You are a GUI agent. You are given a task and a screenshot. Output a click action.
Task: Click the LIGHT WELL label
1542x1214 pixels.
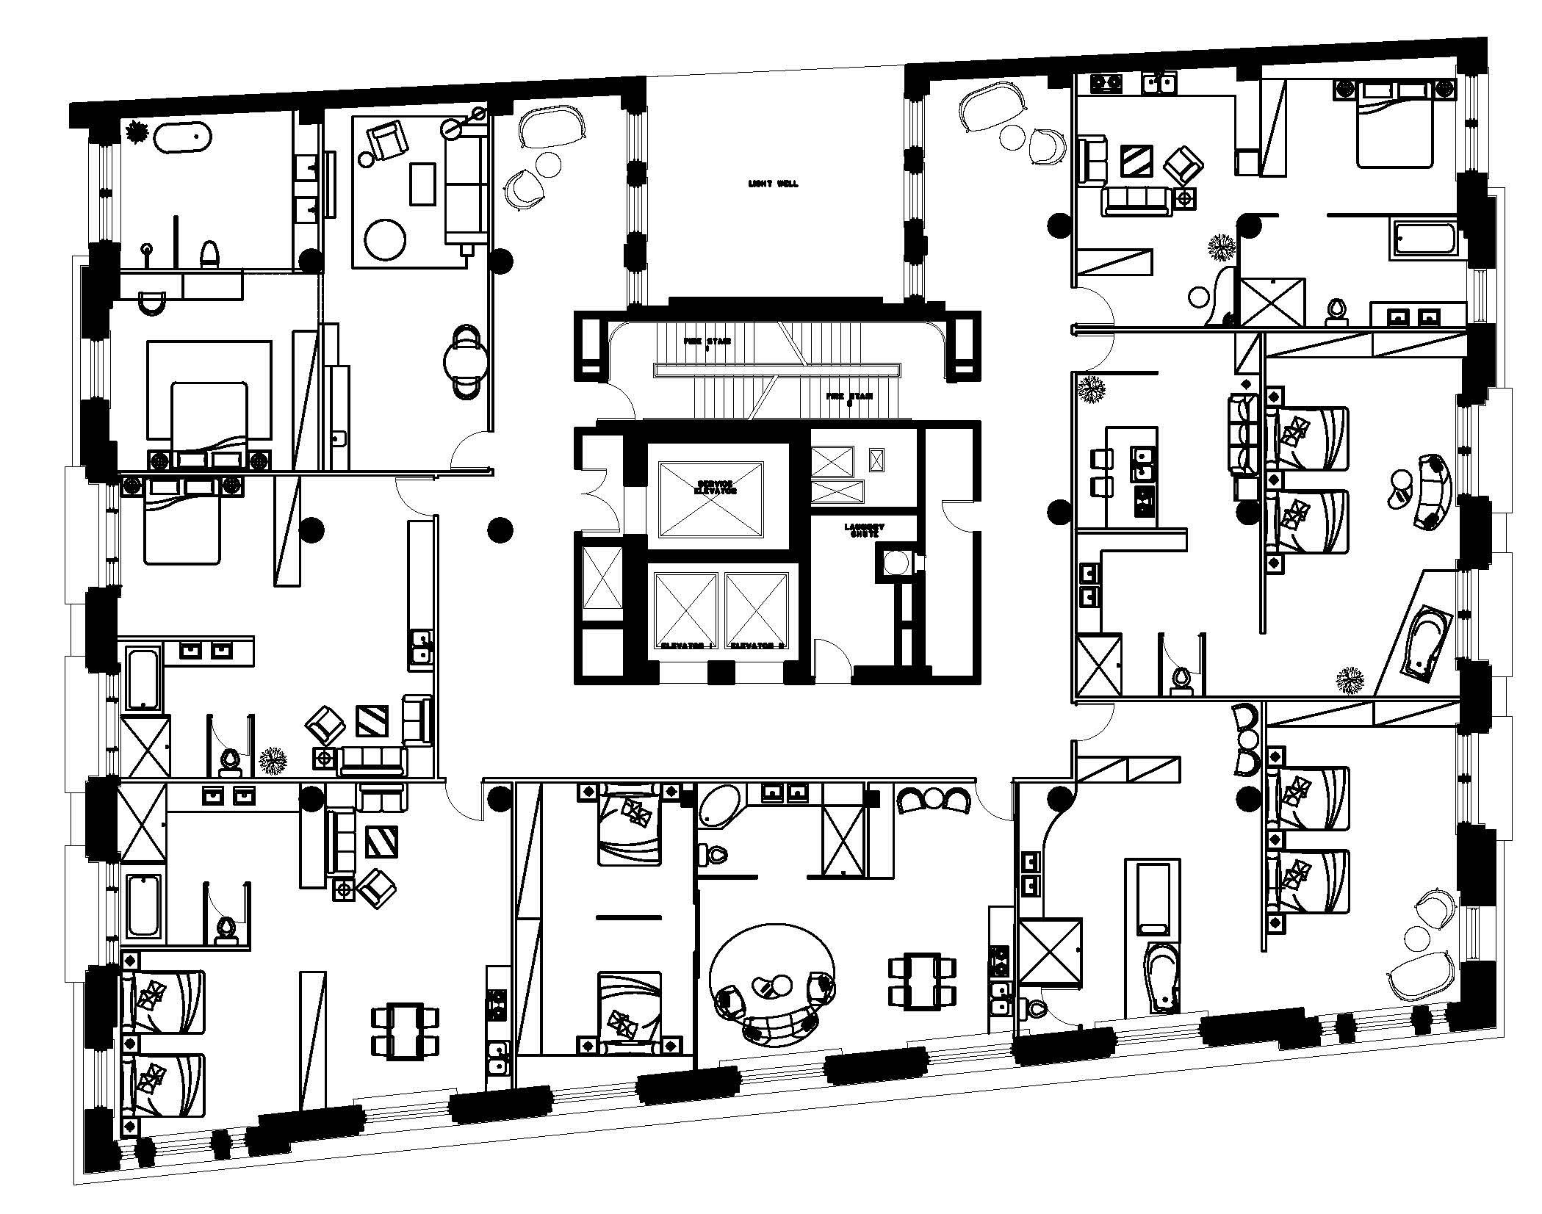coord(773,184)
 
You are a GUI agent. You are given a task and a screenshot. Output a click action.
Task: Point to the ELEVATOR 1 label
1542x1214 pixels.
coord(688,646)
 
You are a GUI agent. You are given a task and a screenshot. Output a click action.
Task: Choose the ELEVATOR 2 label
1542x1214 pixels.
coord(757,646)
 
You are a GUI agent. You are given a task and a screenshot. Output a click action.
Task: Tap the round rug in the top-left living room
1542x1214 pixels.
coord(386,240)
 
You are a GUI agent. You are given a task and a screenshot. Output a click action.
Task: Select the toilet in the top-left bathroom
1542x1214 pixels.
coord(210,254)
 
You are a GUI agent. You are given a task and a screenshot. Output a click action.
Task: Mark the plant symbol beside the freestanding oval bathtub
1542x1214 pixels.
coord(137,133)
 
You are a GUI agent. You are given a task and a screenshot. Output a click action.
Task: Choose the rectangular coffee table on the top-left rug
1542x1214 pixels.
coord(422,184)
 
